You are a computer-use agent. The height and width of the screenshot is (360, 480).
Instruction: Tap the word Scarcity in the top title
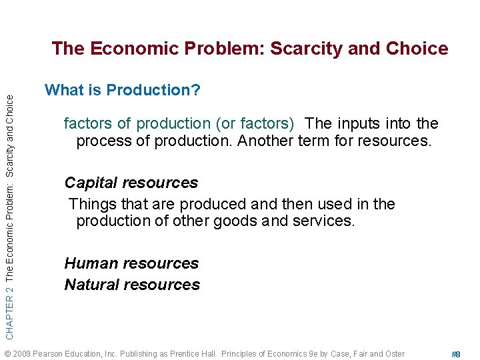pyautogui.click(x=305, y=49)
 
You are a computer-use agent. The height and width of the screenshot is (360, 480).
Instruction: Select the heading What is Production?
pyautogui.click(x=122, y=90)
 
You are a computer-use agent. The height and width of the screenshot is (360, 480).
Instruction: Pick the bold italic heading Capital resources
pyautogui.click(x=131, y=183)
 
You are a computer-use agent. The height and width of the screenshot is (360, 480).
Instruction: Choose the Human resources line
pyautogui.click(x=131, y=263)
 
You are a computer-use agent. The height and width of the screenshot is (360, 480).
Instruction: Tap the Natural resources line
pyautogui.click(x=132, y=285)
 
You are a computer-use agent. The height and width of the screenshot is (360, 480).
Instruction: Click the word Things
pyautogui.click(x=92, y=204)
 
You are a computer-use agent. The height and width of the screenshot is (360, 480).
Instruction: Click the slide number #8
pyautogui.click(x=456, y=355)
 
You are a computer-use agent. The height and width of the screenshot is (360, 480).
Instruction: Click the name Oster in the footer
pyautogui.click(x=394, y=353)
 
